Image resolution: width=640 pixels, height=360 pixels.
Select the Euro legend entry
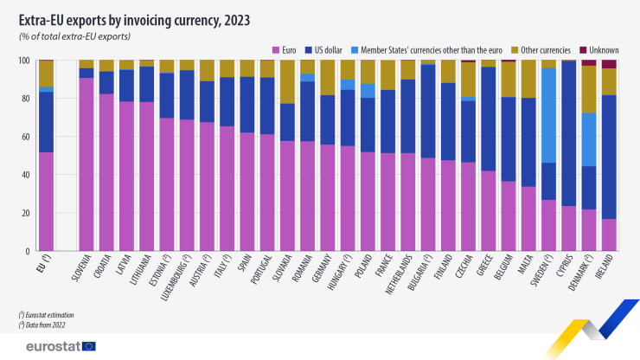(x=288, y=48)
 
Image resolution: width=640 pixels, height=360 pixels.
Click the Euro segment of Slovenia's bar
(x=86, y=164)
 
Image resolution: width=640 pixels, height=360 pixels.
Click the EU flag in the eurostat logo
(x=87, y=346)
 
